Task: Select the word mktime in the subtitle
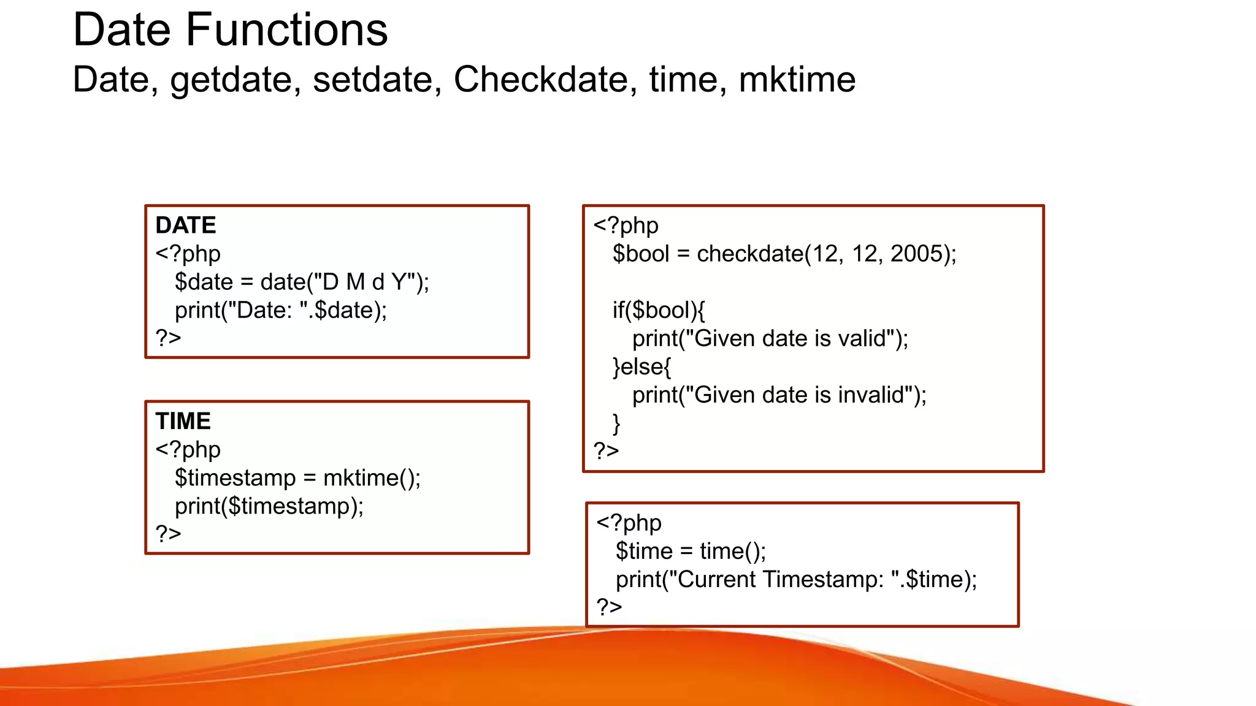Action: [797, 80]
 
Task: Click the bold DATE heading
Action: [186, 225]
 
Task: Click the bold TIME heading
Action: [183, 421]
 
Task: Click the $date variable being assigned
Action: [204, 282]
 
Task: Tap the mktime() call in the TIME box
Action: [372, 478]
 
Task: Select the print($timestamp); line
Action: [269, 506]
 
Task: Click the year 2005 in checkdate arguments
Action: [916, 254]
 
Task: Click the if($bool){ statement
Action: [659, 310]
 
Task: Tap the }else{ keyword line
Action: [641, 366]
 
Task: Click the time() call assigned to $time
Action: [732, 551]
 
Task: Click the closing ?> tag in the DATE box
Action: [168, 338]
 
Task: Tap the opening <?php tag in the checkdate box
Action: [626, 226]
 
